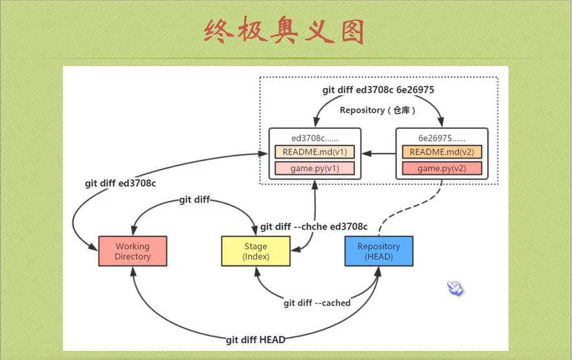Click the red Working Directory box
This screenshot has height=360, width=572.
pyautogui.click(x=133, y=251)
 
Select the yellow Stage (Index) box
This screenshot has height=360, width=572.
pyautogui.click(x=256, y=251)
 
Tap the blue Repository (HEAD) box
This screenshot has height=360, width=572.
pyautogui.click(x=379, y=251)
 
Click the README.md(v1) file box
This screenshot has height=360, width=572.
pyautogui.click(x=314, y=152)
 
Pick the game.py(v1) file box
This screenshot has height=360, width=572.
pyautogui.click(x=314, y=168)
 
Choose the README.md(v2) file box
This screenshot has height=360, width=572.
pyautogui.click(x=442, y=152)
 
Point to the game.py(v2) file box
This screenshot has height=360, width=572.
pyautogui.click(x=442, y=168)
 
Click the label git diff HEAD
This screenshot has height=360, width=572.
pyautogui.click(x=255, y=340)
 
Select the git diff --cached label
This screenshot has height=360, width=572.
pyautogui.click(x=317, y=303)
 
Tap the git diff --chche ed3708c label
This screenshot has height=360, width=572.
pyautogui.click(x=314, y=227)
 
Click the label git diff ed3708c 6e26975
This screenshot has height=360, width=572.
pyautogui.click(x=378, y=90)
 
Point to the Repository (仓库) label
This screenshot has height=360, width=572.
pyautogui.click(x=378, y=110)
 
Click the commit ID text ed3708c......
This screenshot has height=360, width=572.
pyautogui.click(x=314, y=138)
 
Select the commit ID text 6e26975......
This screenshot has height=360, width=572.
pyautogui.click(x=442, y=138)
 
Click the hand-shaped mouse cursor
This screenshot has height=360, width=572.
pyautogui.click(x=455, y=287)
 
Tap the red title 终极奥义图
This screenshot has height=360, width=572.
pyautogui.click(x=284, y=31)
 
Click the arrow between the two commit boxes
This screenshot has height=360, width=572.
pyautogui.click(x=379, y=153)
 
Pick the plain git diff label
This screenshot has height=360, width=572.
pyautogui.click(x=194, y=199)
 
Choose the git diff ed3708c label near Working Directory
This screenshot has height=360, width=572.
pyautogui.click(x=120, y=183)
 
